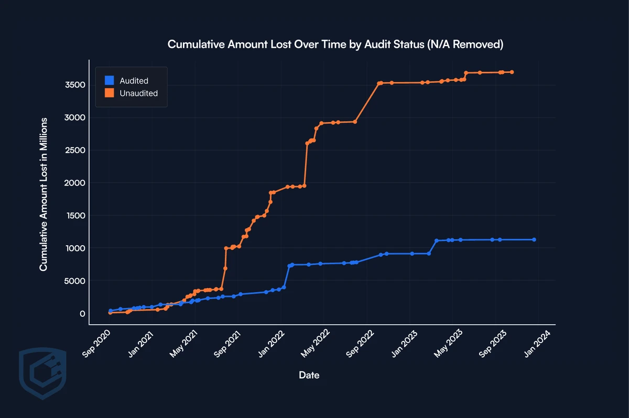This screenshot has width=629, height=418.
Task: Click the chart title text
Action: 335,45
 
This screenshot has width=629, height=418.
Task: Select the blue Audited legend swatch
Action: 109,81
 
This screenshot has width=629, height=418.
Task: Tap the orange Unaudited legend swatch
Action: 109,93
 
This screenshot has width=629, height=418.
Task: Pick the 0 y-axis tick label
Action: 83,314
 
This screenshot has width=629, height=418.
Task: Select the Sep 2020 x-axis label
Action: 97,344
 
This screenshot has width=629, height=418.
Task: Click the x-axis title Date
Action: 309,375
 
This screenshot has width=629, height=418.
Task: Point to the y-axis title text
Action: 44,194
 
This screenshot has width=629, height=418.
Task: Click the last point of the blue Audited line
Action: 534,239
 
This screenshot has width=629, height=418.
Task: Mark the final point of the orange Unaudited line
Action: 512,72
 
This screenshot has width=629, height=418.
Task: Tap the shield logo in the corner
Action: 42,372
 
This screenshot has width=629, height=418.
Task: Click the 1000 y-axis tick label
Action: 75,248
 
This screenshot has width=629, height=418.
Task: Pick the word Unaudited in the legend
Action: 138,93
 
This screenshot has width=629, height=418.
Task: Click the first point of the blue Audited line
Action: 110,311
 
